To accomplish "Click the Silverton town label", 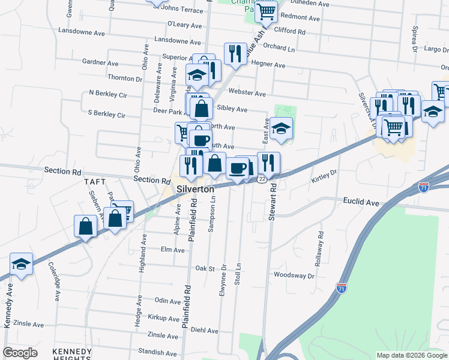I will [196, 189].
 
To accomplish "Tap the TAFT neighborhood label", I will [95, 181].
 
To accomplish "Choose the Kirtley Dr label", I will [324, 176].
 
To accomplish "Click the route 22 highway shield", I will [262, 179].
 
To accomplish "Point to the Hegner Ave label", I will [268, 64].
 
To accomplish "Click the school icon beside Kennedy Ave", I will [21, 264].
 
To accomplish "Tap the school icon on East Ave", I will [280, 128].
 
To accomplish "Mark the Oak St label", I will [204, 268].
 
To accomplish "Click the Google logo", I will [20, 353].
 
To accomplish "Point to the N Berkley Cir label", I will [108, 94].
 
